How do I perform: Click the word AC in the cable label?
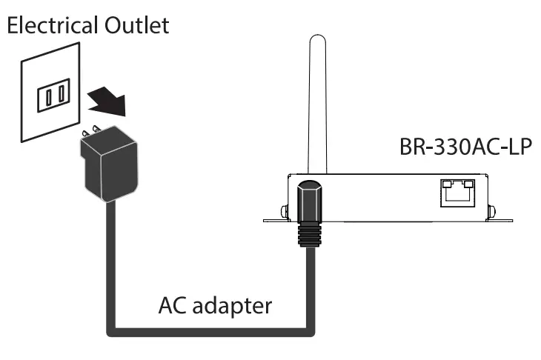(171, 307)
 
